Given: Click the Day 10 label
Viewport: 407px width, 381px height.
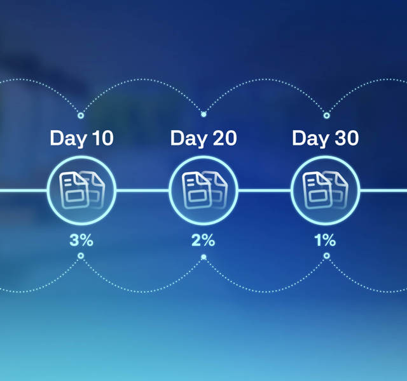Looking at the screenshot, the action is point(81,138).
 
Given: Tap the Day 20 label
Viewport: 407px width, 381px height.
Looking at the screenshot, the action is point(203,138).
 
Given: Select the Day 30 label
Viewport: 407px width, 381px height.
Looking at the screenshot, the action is point(325,138).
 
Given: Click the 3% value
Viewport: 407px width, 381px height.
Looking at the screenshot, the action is point(81,240).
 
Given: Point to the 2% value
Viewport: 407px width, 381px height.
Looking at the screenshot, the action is point(203,240).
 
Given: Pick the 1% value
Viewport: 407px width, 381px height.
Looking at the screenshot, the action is point(325,240).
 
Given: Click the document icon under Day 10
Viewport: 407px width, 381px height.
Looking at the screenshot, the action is point(82,190).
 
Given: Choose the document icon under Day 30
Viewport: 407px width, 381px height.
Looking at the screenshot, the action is point(326,190).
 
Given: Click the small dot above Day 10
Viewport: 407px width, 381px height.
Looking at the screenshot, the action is point(81,116).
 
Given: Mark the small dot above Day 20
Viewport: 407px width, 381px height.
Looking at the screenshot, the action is point(203,114).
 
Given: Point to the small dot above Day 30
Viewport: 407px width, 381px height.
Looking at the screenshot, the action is point(327,116).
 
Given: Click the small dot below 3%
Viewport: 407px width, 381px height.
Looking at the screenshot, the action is point(81,256).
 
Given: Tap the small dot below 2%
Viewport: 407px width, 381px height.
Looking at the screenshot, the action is point(203,257).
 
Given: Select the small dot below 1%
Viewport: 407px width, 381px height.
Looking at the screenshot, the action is point(327,256).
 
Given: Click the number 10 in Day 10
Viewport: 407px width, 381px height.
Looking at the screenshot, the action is point(103,138).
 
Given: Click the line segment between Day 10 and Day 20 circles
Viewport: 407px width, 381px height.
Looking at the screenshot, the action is point(142,190).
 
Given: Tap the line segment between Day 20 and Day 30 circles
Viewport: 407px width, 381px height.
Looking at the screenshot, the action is point(265,190).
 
